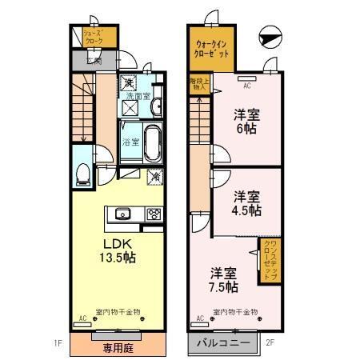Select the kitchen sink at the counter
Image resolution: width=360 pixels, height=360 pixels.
click(123, 213)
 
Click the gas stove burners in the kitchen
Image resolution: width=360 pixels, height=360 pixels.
click(153, 213)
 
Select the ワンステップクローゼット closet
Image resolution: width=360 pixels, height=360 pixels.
click(268, 260)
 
